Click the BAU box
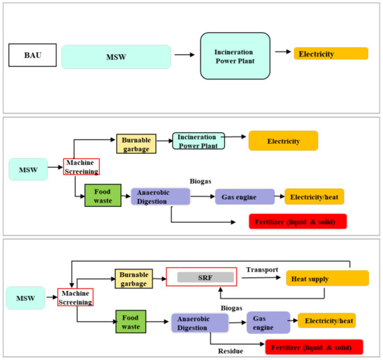coord(31,54)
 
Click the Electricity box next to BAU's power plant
coord(331,54)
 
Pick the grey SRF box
coord(202,277)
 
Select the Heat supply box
coord(326,279)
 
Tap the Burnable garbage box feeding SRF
coord(132,279)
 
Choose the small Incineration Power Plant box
coord(199,141)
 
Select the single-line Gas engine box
coord(242,196)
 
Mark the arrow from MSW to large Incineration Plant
coord(184,54)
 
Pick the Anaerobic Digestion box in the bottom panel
coord(199,322)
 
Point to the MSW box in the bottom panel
coord(26,298)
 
